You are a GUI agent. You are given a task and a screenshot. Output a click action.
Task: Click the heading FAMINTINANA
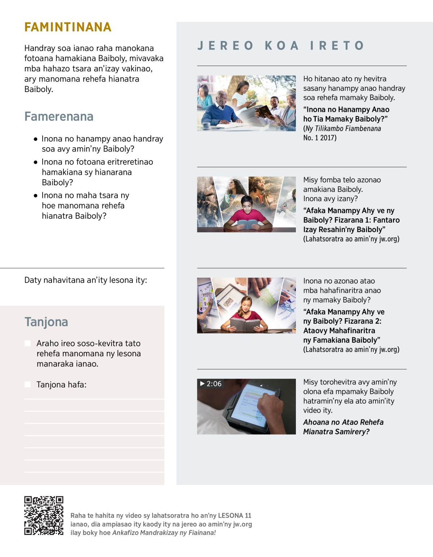(x=68, y=27)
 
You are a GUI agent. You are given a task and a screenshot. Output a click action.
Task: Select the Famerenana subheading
(x=59, y=117)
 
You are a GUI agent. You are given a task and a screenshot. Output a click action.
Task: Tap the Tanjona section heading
(x=46, y=322)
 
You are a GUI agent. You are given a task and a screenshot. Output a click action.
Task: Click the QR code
(x=44, y=515)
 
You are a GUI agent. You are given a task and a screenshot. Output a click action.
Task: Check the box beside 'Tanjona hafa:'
(x=27, y=384)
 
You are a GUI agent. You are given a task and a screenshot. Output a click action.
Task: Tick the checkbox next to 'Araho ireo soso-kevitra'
(x=27, y=343)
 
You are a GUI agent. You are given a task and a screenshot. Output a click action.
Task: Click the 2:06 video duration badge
(x=211, y=384)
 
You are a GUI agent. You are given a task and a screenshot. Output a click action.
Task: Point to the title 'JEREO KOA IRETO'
(x=281, y=45)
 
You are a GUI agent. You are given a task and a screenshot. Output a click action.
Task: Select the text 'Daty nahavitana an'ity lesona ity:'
(x=86, y=280)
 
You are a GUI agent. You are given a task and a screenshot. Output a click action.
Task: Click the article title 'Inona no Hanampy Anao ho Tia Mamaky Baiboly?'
(x=346, y=114)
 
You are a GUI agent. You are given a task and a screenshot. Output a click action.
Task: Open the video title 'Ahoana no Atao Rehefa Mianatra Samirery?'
(x=343, y=427)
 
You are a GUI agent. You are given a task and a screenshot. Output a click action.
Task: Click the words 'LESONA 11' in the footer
(x=235, y=515)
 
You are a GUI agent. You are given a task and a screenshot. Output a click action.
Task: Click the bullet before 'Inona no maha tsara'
(x=35, y=196)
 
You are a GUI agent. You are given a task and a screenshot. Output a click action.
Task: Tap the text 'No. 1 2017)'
(x=320, y=138)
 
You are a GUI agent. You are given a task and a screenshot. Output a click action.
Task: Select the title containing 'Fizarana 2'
(x=344, y=326)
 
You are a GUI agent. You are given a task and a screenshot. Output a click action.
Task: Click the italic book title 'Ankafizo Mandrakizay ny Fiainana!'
(x=164, y=532)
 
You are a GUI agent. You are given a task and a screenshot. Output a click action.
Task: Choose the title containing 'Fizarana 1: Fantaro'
(x=351, y=220)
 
